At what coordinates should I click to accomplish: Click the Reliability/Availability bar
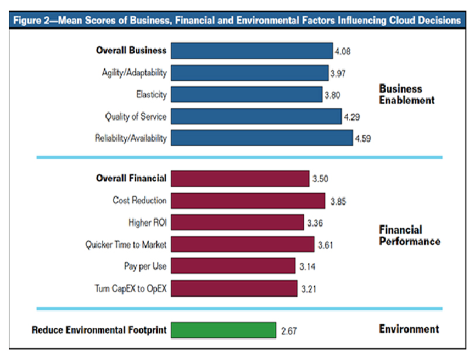point(262,138)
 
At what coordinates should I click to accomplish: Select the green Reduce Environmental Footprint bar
point(223,330)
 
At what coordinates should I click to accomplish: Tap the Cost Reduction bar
point(248,200)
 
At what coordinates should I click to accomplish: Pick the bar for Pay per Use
point(233,266)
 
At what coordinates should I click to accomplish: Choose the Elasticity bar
point(246,94)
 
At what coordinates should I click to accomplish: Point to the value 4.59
point(363,139)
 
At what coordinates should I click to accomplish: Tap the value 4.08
point(343,52)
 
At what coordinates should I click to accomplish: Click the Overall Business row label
point(131,50)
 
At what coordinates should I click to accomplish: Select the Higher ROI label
point(147,222)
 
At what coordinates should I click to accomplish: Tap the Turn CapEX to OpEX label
point(130,289)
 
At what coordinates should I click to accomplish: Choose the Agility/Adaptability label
point(133,73)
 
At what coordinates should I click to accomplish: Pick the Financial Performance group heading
point(409,235)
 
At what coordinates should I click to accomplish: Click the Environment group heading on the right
point(408,329)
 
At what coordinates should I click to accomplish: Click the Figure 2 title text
point(236,20)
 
